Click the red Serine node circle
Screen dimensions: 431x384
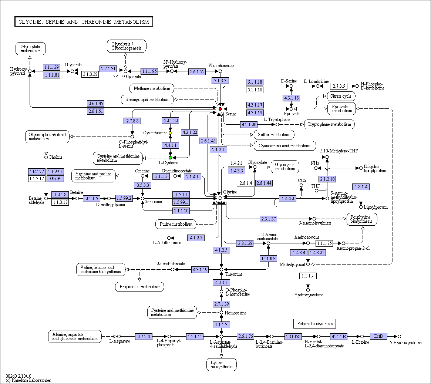tap(220, 109)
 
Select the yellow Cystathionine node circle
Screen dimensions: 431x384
tap(171, 133)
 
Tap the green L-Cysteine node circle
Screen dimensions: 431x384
tap(171, 158)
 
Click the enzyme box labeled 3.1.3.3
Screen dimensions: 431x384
tap(220, 81)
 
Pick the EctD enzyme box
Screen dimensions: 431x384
tap(378, 336)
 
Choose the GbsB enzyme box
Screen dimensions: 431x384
tap(55, 179)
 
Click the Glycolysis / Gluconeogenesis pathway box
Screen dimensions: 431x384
tap(127, 46)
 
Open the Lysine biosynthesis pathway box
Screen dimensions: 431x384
tap(222, 364)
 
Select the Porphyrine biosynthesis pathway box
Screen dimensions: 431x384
tap(362, 219)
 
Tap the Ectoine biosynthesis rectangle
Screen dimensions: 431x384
tap(315, 324)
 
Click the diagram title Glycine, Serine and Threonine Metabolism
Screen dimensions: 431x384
tap(84, 22)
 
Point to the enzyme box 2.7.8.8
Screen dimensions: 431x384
tap(132, 121)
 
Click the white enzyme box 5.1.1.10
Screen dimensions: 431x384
tap(255, 90)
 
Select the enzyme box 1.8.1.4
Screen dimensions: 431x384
tap(361, 187)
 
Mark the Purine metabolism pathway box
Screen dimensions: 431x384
tap(176, 224)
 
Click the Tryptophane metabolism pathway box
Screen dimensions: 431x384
tap(329, 124)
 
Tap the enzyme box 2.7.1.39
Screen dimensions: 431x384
tap(221, 304)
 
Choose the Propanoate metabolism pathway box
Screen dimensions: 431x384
tap(139, 287)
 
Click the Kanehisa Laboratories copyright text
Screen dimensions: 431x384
tap(28, 380)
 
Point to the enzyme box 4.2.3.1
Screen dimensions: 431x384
tap(221, 283)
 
